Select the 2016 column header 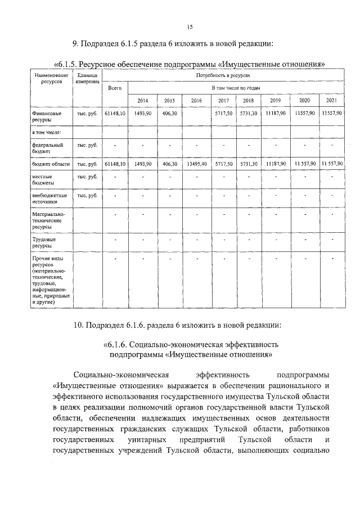pos(196,101)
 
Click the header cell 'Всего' pos(115,88)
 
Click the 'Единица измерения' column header pos(87,79)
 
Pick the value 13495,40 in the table pos(196,164)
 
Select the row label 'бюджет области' pos(51,164)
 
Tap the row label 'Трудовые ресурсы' pos(44,242)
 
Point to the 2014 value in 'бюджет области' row pos(143,164)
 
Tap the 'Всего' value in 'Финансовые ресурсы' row pos(115,114)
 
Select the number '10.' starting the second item pos(79,325)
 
